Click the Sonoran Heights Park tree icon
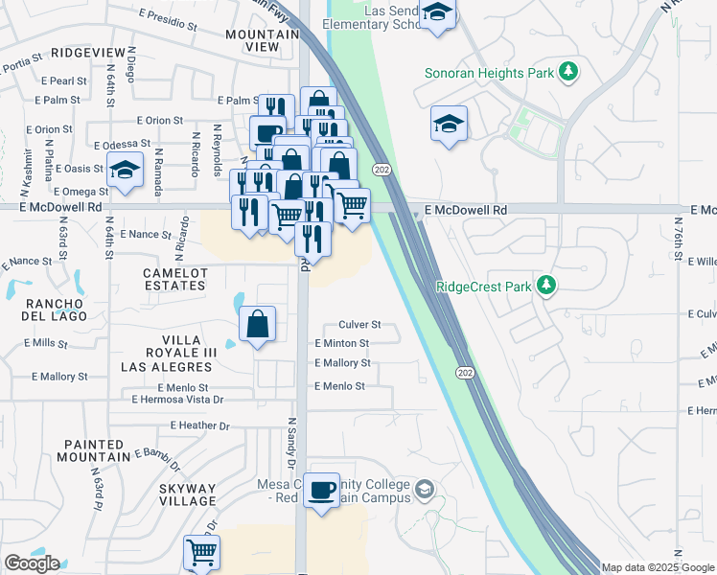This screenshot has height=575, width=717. (x=568, y=72)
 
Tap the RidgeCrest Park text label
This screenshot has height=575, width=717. (x=484, y=286)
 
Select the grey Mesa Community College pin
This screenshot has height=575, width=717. (x=425, y=493)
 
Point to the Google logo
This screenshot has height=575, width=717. (x=33, y=563)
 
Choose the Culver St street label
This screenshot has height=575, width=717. (x=359, y=325)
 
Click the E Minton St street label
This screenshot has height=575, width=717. (x=341, y=343)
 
